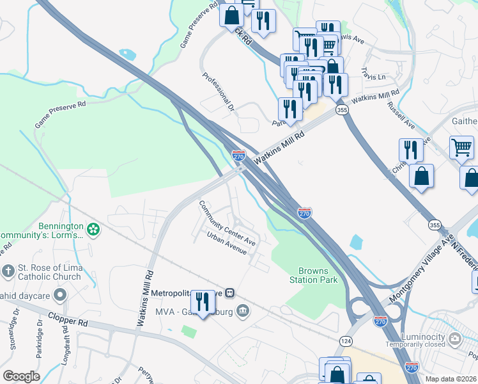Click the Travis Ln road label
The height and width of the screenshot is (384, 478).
(374, 79)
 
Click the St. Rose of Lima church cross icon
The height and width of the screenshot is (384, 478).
(8, 271)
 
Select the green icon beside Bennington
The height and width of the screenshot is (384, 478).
(94, 229)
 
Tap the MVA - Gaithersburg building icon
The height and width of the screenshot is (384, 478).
(243, 312)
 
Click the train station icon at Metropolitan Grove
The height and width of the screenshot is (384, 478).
(230, 293)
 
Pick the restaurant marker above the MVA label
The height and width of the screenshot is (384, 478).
(203, 302)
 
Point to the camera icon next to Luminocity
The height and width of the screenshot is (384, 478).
(454, 338)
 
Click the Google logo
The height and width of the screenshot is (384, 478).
(21, 376)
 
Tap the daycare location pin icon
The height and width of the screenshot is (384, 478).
(60, 295)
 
